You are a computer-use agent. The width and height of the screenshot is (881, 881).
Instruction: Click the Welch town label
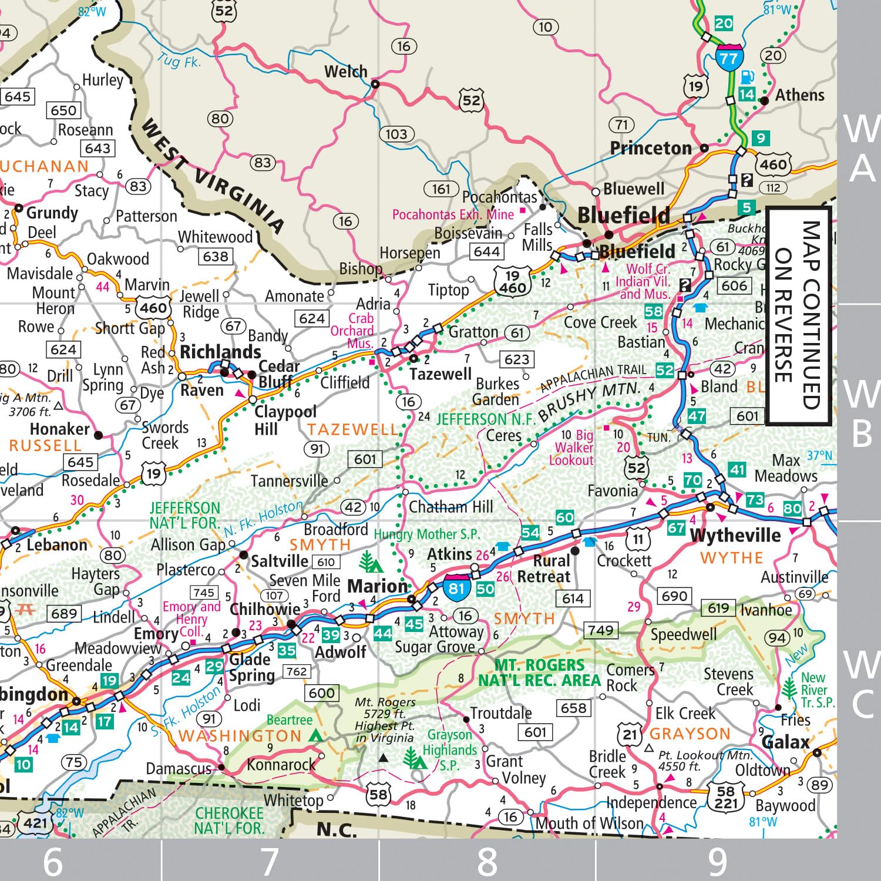click(x=345, y=72)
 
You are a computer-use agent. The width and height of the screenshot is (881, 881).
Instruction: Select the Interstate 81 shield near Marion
click(x=456, y=588)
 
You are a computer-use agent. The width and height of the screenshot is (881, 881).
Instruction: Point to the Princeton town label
click(x=651, y=148)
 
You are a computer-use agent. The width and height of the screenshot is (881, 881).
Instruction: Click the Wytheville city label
click(x=735, y=535)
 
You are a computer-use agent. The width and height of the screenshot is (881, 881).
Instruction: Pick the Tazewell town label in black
click(x=440, y=374)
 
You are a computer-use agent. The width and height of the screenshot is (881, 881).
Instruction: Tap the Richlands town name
click(x=220, y=352)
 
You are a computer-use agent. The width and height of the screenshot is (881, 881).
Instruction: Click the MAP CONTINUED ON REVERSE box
click(x=798, y=315)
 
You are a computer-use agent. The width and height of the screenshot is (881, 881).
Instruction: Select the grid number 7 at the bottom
click(x=270, y=861)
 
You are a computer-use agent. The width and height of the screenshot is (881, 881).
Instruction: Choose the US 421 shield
click(x=35, y=823)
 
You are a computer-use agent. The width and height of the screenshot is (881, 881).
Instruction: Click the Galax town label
click(x=785, y=742)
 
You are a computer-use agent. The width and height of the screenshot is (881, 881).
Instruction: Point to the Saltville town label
click(x=280, y=561)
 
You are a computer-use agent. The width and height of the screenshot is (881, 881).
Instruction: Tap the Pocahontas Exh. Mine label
click(x=453, y=214)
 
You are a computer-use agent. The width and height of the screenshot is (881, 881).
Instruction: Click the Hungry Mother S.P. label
click(x=427, y=534)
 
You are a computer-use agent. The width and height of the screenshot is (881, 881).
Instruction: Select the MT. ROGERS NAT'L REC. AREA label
click(x=539, y=673)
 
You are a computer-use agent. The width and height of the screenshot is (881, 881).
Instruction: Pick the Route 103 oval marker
click(x=396, y=134)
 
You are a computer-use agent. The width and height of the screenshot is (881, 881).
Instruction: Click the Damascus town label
click(x=178, y=768)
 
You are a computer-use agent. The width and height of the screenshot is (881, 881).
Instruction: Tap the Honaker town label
click(x=59, y=429)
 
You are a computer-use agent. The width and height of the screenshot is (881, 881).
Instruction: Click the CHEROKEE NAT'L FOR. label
click(x=229, y=821)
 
